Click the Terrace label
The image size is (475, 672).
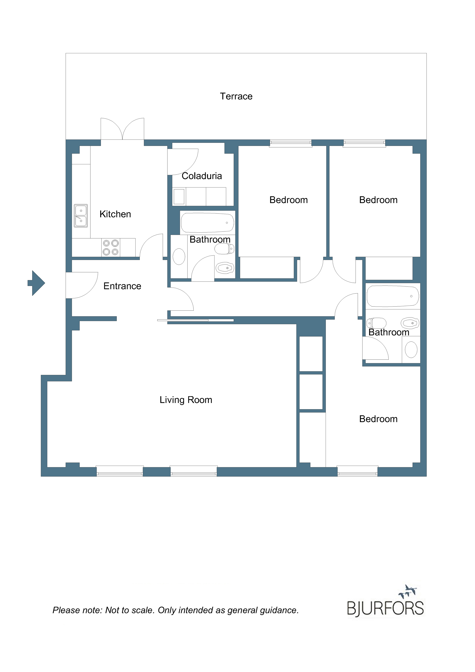coord(236,96)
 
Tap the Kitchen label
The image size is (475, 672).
coord(115,214)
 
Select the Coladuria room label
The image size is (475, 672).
coord(202,176)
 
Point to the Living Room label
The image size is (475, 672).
coord(186,400)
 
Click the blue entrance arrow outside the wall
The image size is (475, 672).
coord(36,283)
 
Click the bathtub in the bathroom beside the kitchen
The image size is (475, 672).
coord(207,223)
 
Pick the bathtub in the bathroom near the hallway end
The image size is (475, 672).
coord(393,296)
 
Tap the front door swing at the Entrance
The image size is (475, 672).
coord(82,285)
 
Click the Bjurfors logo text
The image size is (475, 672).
coord(385,609)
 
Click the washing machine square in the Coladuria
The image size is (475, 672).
coord(179,196)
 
